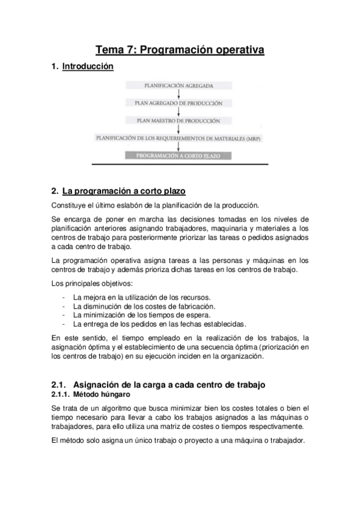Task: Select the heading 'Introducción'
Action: [88, 67]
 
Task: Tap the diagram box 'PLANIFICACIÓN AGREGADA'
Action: [179, 86]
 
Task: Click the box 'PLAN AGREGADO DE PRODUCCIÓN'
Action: [179, 103]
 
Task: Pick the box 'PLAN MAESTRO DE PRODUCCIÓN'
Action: [179, 120]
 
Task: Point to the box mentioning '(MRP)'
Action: [179, 138]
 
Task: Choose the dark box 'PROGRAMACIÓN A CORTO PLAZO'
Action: [179, 155]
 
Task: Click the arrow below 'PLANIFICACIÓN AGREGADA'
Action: [179, 94]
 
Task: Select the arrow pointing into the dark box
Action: [179, 146]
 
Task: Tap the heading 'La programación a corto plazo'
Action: [124, 191]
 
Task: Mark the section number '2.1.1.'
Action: [60, 395]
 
